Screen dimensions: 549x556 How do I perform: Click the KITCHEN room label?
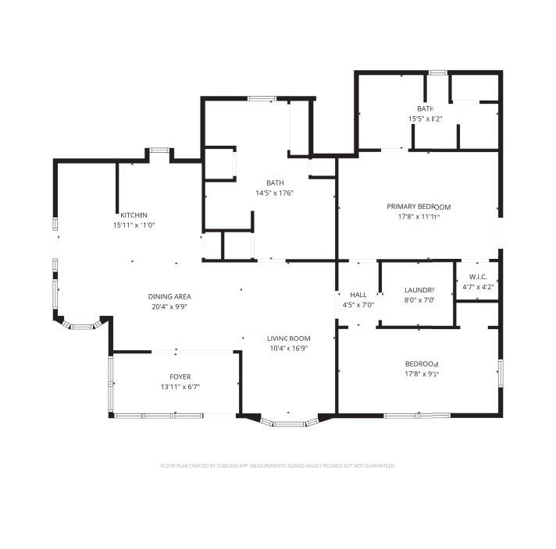[134, 215]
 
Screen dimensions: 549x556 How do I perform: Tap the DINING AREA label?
[169, 296]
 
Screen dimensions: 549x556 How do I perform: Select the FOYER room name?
[174, 377]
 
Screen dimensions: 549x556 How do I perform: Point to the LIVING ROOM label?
[288, 338]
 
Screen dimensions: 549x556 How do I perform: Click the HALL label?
[358, 295]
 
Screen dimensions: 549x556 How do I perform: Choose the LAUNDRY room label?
[419, 290]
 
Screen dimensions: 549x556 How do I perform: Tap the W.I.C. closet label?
[478, 277]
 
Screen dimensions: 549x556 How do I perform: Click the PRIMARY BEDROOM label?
[419, 207]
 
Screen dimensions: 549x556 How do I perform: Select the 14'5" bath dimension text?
[274, 193]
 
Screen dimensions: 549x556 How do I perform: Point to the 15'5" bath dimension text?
[425, 119]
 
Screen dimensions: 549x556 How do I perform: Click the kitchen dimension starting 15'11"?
[134, 225]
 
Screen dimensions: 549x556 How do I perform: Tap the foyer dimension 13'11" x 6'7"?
[174, 387]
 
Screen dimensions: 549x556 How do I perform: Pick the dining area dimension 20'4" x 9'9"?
[169, 306]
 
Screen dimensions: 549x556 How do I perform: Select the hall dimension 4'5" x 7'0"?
[358, 305]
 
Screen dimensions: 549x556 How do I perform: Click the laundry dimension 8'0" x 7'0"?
[419, 300]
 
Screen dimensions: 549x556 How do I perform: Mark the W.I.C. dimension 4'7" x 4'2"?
[478, 287]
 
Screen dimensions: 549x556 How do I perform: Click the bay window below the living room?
[290, 423]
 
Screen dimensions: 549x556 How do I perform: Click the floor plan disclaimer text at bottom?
[277, 466]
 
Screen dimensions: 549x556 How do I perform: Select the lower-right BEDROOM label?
[421, 364]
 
